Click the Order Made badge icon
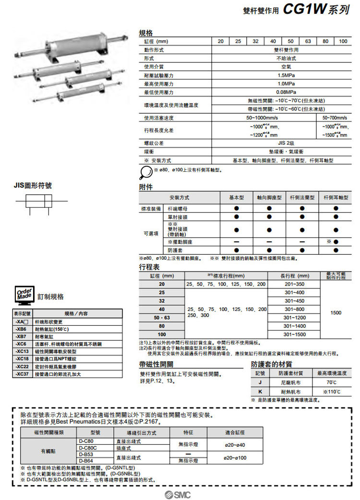click(x=24, y=296)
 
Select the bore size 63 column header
click(x=308, y=41)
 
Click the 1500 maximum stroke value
click(x=336, y=313)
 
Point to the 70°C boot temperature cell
click(x=332, y=383)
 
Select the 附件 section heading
click(x=146, y=187)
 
